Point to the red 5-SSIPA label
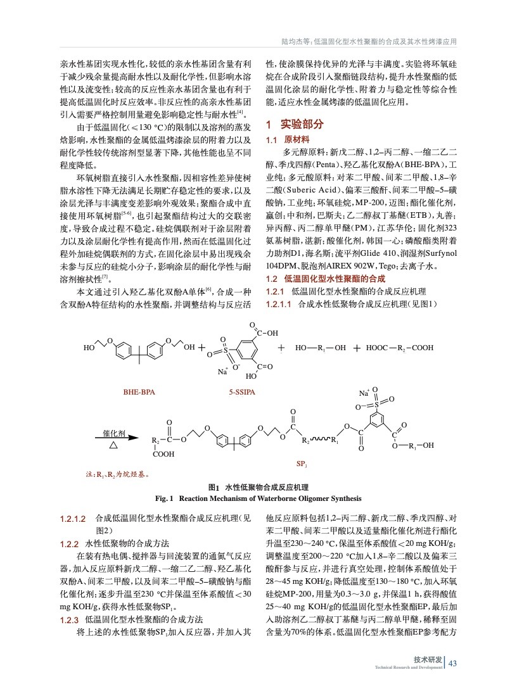point(242,393)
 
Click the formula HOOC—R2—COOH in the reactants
point(400,348)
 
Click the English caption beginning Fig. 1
point(258,498)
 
